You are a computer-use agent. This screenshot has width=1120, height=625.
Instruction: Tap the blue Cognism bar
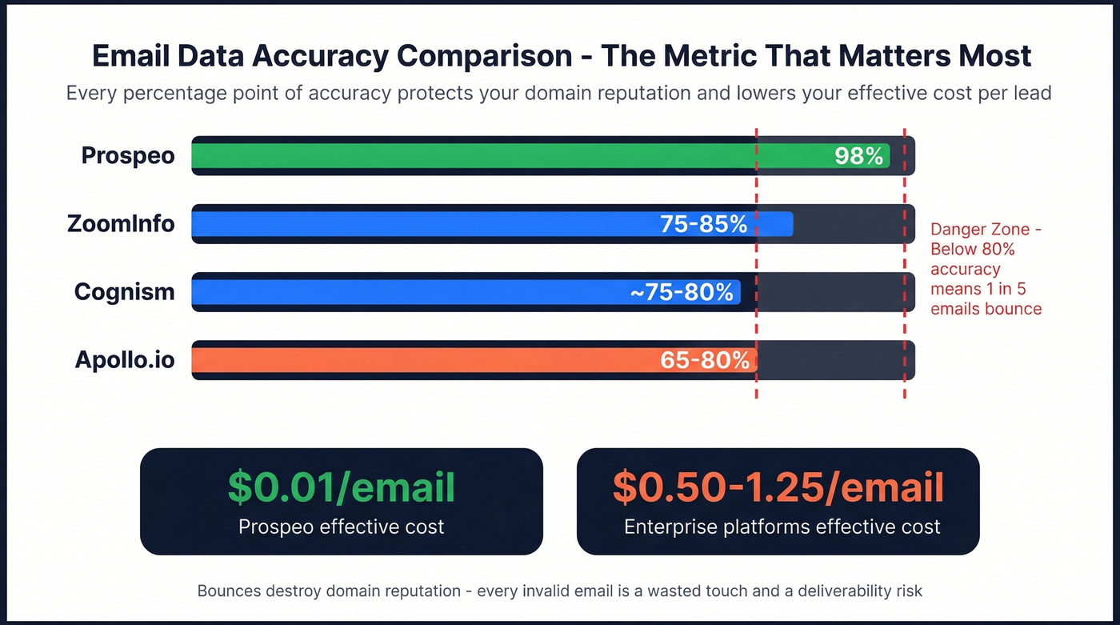tap(400, 292)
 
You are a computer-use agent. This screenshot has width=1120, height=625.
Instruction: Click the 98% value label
tap(858, 156)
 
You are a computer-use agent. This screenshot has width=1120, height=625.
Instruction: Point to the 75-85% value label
tap(703, 224)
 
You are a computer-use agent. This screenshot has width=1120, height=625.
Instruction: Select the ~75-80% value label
tap(682, 292)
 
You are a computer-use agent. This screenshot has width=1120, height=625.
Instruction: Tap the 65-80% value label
tap(704, 360)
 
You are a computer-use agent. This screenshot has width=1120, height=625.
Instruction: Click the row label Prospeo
tap(128, 155)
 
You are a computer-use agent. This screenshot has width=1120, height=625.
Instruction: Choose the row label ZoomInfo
tap(121, 223)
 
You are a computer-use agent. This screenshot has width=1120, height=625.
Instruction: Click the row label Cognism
tap(124, 291)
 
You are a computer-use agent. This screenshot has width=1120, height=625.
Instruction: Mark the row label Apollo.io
tap(125, 359)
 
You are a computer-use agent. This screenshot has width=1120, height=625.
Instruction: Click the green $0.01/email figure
tap(341, 487)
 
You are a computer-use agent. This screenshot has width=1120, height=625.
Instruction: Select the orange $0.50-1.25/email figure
tap(778, 487)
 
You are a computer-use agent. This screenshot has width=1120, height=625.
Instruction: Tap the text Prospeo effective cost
tap(341, 527)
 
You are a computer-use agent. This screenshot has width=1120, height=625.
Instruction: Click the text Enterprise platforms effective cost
tap(782, 527)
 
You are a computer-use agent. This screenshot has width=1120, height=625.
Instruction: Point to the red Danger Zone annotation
tap(986, 269)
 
